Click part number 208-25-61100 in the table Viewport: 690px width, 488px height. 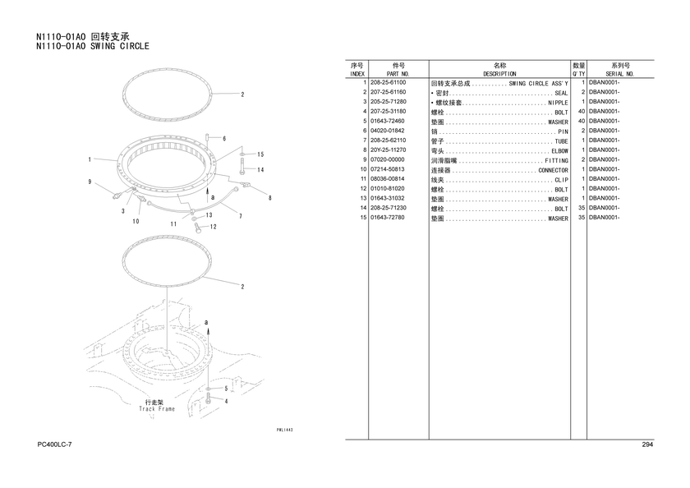(388, 82)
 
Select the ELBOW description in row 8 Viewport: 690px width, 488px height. (559, 151)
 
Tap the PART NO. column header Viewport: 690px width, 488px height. (398, 74)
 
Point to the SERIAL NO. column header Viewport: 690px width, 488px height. (620, 74)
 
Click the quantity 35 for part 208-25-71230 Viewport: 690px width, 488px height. (582, 208)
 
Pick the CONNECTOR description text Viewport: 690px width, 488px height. (553, 170)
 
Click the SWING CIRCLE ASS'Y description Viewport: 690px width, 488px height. (539, 84)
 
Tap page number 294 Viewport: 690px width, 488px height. (647, 444)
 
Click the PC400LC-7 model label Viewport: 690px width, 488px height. (54, 444)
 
